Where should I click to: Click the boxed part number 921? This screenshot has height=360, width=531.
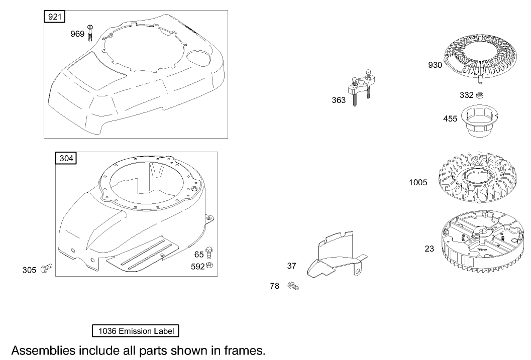pos(55,18)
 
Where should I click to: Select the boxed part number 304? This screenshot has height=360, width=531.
pos(66,159)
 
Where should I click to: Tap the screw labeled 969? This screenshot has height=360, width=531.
pos(90,34)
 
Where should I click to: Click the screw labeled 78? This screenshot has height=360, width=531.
pos(293,287)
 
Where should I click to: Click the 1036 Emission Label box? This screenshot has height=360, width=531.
pos(136,331)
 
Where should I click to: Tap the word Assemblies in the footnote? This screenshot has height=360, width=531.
pos(43,350)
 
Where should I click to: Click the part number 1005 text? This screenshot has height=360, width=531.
pos(418,183)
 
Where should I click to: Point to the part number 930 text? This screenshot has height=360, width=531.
pos(435,65)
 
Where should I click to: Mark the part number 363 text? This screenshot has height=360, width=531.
pos(339,100)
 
